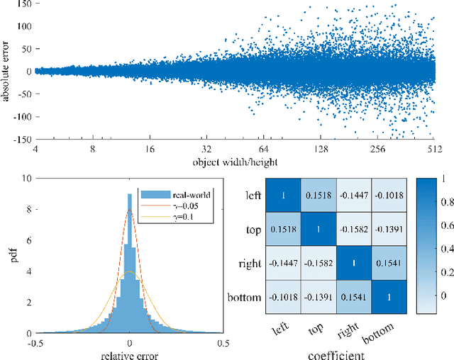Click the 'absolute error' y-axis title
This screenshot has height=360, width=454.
[x=7, y=71]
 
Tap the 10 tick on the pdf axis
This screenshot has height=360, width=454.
[x=26, y=179]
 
